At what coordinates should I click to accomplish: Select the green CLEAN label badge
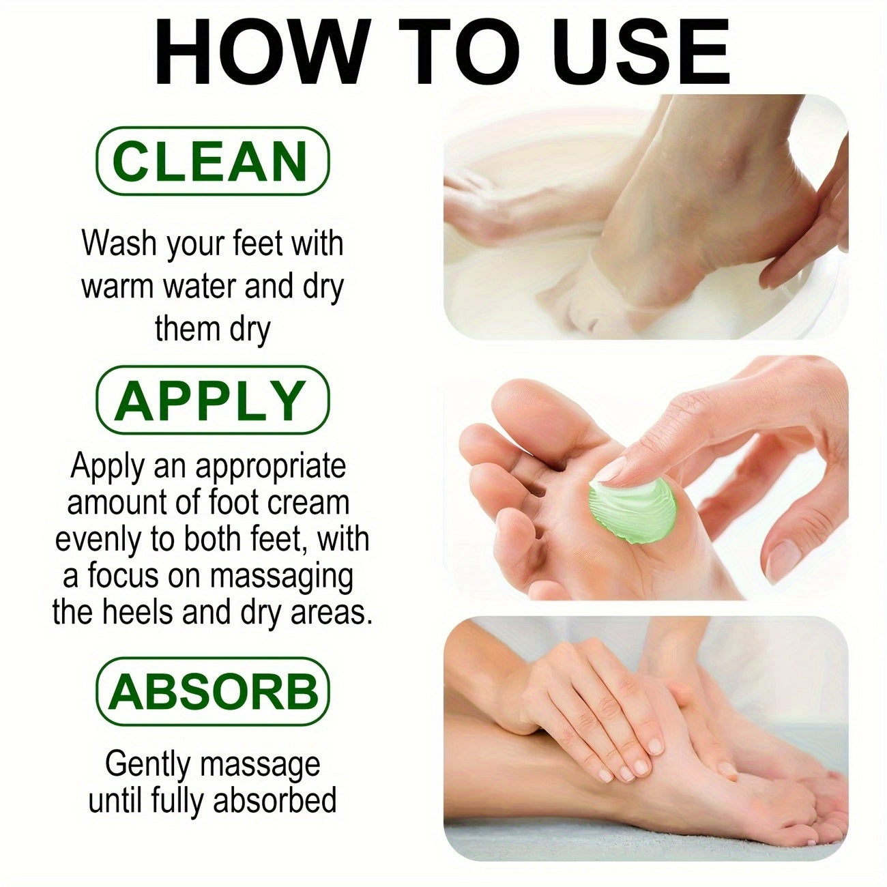(212, 161)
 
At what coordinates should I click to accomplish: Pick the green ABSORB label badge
(212, 690)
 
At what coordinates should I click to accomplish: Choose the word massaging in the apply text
(280, 577)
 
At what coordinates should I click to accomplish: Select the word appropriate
(270, 467)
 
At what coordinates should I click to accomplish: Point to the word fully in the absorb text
(174, 800)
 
